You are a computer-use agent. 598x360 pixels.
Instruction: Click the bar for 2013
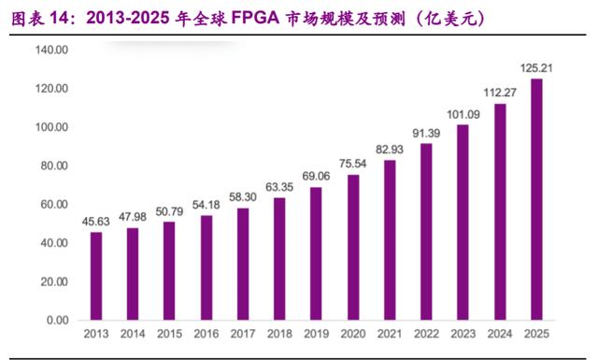coord(96,276)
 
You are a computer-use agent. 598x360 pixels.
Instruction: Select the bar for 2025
coord(536,199)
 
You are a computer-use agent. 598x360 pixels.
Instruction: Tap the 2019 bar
coord(316,253)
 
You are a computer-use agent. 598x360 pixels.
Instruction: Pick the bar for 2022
coord(426,232)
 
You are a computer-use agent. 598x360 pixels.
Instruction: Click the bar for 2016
coord(206,267)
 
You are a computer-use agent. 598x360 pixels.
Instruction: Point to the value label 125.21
coord(536,68)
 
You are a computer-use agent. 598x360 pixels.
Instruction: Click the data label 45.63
coord(95,222)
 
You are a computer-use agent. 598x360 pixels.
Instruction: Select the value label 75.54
coord(353,164)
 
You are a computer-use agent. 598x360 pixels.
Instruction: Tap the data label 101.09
coord(463,114)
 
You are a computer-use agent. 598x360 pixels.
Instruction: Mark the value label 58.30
coord(243,197)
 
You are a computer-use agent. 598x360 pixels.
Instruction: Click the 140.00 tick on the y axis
coord(52,50)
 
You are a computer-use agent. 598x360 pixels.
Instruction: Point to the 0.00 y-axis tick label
coord(58,320)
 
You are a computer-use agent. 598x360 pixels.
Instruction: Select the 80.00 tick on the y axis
coord(54,166)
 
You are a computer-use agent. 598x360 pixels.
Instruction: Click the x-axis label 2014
coord(133,334)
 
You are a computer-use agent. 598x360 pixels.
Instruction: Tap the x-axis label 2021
coord(390,334)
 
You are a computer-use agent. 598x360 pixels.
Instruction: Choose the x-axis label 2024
coord(500,334)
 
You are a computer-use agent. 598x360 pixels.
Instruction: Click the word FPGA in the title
coord(255,18)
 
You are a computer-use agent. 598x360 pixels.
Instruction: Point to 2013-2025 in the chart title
coord(128,18)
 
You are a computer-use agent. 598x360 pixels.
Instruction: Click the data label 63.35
coord(279,187)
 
